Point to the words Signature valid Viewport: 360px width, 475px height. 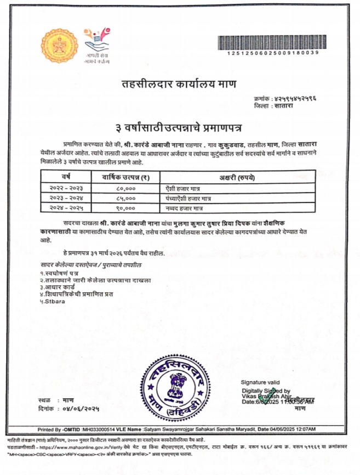(x=260, y=382)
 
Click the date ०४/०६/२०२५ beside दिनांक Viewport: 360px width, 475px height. (x=81, y=409)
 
